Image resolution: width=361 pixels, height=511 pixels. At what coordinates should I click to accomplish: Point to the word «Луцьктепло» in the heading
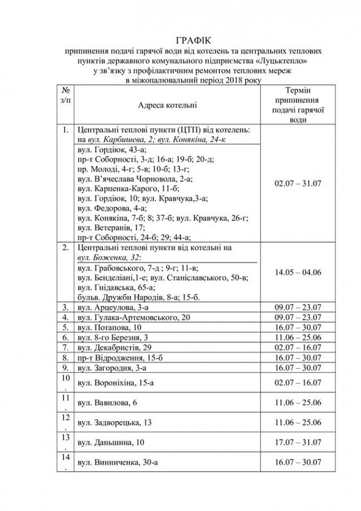click(292, 59)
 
